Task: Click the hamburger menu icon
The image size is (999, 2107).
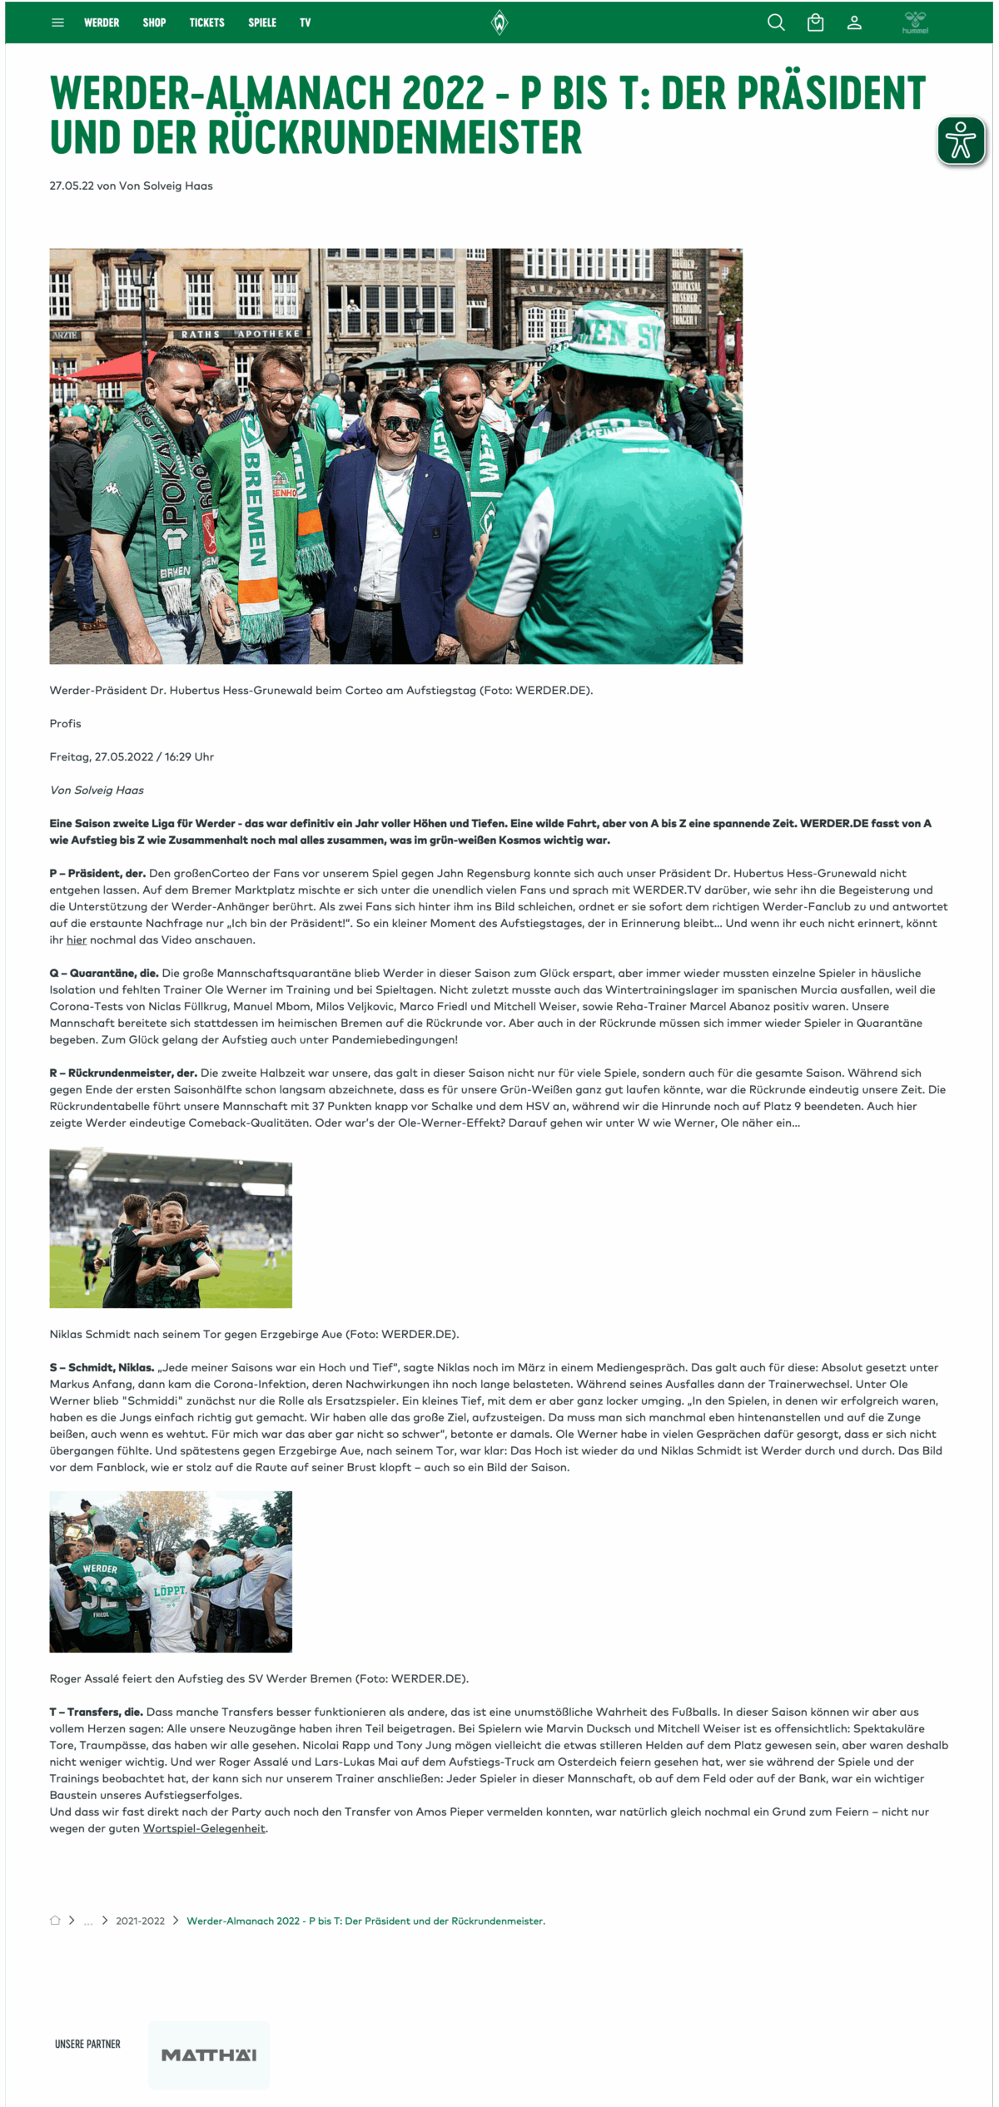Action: (x=57, y=22)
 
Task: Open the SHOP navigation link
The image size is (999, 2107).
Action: (x=154, y=22)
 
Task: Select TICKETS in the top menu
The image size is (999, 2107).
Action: (x=206, y=22)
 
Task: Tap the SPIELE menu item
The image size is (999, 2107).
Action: (x=261, y=22)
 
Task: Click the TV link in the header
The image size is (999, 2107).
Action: (x=305, y=22)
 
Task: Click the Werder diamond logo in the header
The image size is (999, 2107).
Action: (x=499, y=22)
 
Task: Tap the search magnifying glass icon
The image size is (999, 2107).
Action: (x=776, y=22)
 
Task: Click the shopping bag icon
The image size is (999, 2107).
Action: (x=815, y=22)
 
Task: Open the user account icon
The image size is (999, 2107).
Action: (x=854, y=22)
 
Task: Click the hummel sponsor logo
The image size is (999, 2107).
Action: (x=915, y=22)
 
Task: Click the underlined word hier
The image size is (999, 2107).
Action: (x=77, y=939)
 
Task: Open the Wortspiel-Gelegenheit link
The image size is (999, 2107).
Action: (x=204, y=1828)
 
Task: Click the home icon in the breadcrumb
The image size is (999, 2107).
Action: (x=55, y=1921)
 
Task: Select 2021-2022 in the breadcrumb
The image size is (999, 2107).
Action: (x=140, y=1921)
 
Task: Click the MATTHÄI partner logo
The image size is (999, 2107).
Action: (x=209, y=2055)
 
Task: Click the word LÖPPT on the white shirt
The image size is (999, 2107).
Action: (x=170, y=1590)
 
